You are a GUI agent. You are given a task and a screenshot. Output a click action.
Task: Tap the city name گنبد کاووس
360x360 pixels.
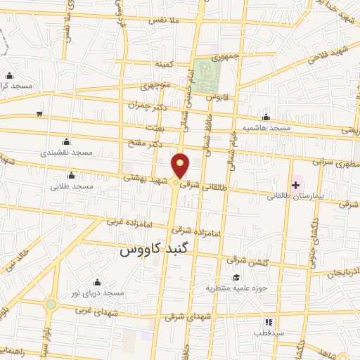pyautogui.click(x=152, y=249)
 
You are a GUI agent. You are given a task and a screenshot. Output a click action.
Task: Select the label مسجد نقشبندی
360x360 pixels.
pyautogui.click(x=66, y=152)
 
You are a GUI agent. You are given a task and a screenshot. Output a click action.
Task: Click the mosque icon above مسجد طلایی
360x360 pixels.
pyautogui.click(x=71, y=176)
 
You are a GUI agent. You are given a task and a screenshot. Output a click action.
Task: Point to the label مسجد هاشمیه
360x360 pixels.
pyautogui.click(x=266, y=128)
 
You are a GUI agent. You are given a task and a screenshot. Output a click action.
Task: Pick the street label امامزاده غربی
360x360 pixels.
pyautogui.click(x=129, y=221)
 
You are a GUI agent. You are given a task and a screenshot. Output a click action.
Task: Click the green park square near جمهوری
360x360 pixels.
pyautogui.click(x=205, y=75)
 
